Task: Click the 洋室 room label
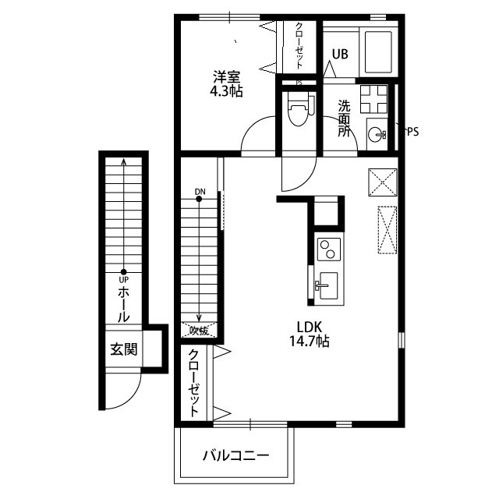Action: [227, 76]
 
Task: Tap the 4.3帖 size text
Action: [227, 91]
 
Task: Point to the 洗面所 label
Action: [344, 119]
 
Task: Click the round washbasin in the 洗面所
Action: [376, 133]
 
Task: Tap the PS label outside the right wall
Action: [412, 132]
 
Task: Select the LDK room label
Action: [308, 327]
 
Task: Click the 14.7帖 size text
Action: [308, 342]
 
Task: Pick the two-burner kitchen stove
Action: [328, 250]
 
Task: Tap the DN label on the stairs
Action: [200, 191]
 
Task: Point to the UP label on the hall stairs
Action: [123, 280]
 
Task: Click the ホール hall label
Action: [123, 305]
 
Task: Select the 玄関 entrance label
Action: [123, 349]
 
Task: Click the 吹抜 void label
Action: [199, 330]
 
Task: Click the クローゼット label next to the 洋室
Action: [299, 46]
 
